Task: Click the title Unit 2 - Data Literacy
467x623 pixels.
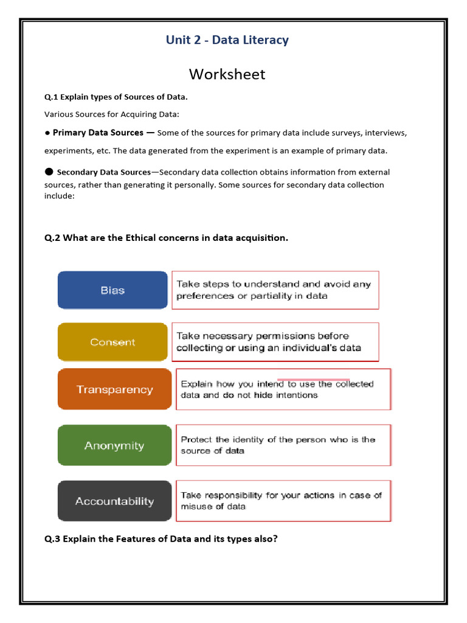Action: (x=227, y=40)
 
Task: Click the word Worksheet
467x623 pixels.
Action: (x=227, y=74)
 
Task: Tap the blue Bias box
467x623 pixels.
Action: (x=112, y=290)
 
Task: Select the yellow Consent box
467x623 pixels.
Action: (x=112, y=342)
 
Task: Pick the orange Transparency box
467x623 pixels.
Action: (x=114, y=389)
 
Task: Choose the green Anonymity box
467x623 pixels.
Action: (x=114, y=445)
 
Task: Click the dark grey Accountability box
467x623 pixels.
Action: (x=114, y=501)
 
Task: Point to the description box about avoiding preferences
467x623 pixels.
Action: (x=275, y=290)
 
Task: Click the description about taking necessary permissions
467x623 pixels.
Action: (x=275, y=342)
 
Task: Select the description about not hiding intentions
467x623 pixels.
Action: (x=283, y=389)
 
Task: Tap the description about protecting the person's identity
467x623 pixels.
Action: (x=283, y=445)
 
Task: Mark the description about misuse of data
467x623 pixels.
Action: (x=283, y=501)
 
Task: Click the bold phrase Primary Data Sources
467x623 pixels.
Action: (x=98, y=133)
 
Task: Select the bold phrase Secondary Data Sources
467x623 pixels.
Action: (x=103, y=172)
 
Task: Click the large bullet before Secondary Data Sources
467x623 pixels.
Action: (x=49, y=172)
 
